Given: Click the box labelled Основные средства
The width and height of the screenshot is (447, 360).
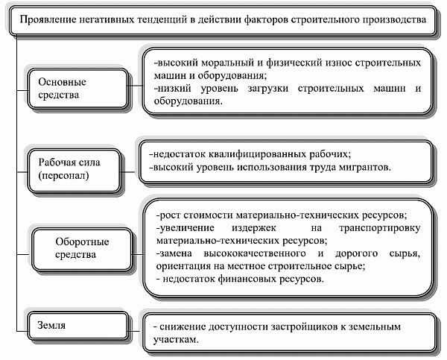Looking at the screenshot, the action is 77,89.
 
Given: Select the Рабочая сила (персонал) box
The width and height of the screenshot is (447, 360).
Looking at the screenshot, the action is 74,171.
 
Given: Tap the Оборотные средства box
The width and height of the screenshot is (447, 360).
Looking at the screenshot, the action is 83,250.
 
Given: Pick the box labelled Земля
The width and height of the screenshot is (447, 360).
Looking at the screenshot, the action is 77,326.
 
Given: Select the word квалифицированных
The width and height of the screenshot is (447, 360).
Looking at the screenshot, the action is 258,154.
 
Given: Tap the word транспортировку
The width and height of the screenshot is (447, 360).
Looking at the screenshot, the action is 380,228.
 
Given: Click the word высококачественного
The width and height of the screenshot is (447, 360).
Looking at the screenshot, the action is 255,253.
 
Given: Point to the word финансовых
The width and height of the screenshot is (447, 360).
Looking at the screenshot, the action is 247,279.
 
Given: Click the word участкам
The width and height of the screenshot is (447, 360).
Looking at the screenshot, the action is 176,340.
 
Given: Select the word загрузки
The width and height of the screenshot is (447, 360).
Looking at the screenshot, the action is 267,89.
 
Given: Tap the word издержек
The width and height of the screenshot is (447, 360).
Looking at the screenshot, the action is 254,228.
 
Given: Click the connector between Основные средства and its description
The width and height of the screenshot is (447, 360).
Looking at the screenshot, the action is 135,85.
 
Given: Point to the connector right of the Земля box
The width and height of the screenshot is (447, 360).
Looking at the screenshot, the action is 135,331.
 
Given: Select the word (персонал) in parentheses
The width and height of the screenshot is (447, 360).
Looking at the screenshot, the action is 63,175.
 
